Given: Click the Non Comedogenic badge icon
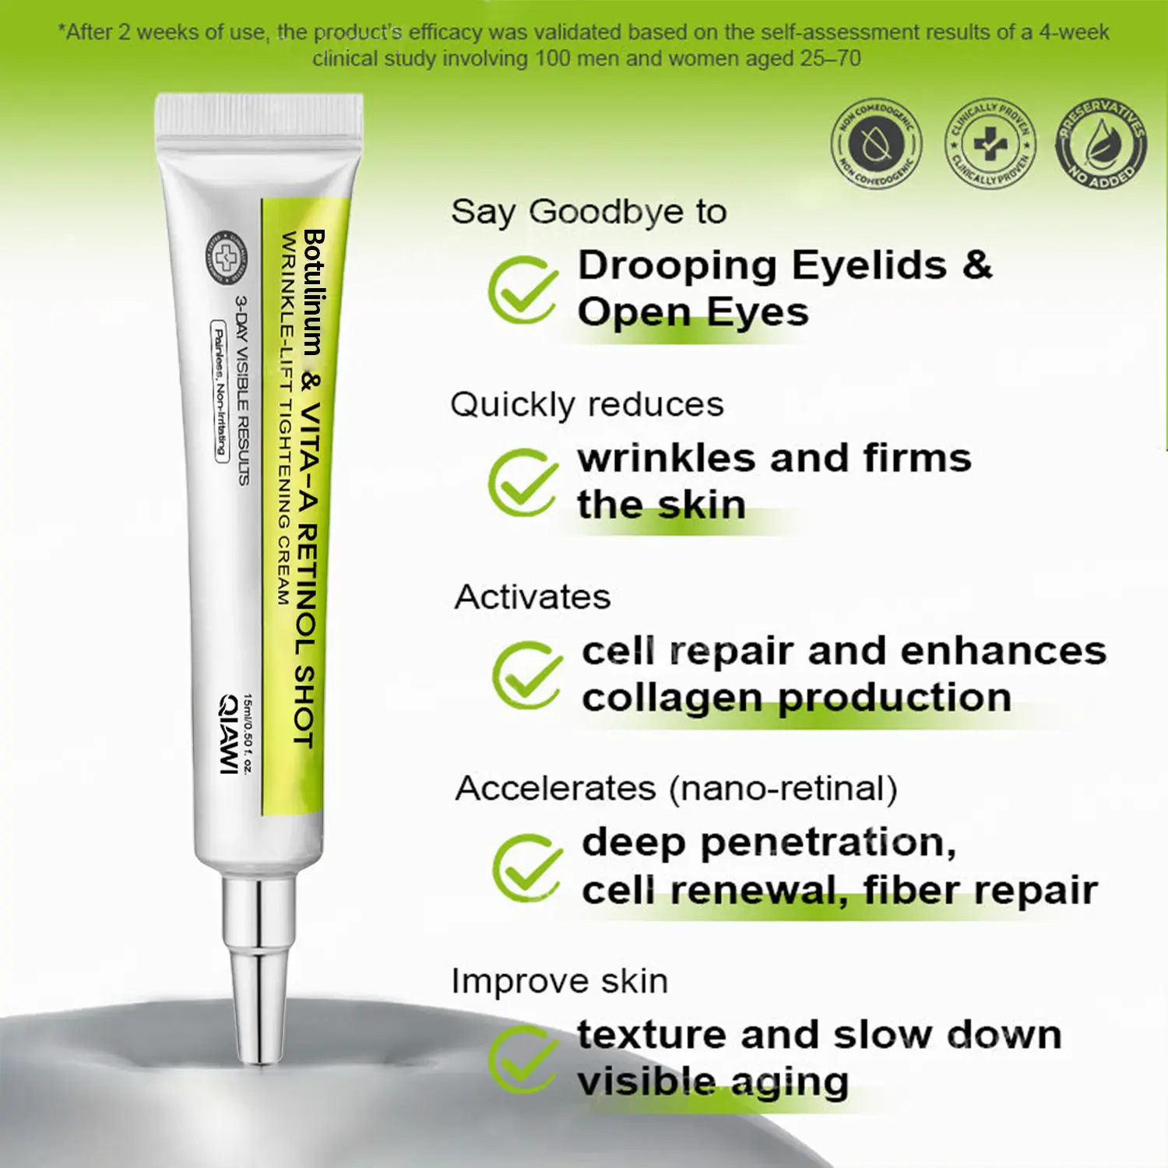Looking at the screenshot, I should click(876, 143).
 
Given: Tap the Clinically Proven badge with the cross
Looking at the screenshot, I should click(990, 143).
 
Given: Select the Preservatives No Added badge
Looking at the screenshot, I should click(1101, 143).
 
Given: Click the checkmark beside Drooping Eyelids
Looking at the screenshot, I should click(522, 290).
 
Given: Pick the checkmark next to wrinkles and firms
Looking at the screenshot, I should click(522, 483).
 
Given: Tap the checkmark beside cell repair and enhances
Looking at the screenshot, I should click(526, 675).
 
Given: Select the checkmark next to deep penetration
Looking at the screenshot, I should click(526, 867).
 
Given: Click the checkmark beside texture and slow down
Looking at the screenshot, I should click(522, 1060).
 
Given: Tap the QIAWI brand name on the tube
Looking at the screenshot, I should click(228, 734).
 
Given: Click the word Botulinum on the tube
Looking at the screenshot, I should click(313, 292).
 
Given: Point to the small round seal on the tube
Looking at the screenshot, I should click(226, 257).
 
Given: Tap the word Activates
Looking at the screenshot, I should click(533, 597).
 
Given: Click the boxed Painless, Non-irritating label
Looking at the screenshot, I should click(220, 392).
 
